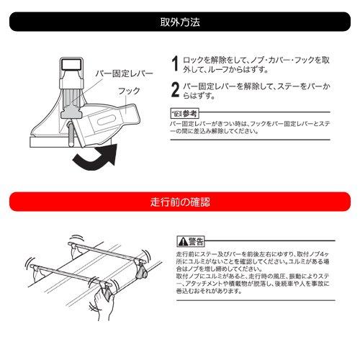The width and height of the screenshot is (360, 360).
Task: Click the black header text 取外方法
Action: pyautogui.click(x=179, y=22)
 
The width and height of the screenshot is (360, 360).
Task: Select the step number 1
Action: pyautogui.click(x=175, y=63)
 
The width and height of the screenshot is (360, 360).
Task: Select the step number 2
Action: pyautogui.click(x=175, y=90)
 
